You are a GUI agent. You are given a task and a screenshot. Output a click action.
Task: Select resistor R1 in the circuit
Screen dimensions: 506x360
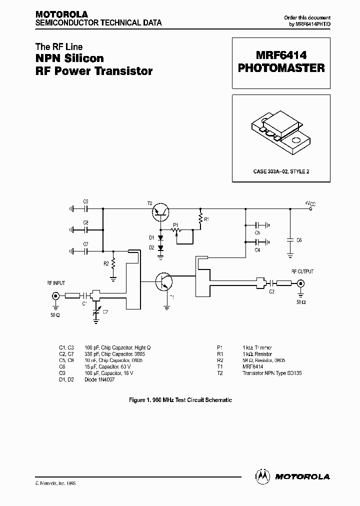pyautogui.click(x=200, y=219)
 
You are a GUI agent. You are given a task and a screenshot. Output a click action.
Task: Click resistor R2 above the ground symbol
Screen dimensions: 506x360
pyautogui.click(x=113, y=263)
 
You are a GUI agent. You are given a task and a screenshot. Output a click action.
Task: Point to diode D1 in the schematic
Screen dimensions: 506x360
pyautogui.click(x=160, y=238)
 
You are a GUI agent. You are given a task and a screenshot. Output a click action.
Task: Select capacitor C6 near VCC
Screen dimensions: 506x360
pyautogui.click(x=290, y=239)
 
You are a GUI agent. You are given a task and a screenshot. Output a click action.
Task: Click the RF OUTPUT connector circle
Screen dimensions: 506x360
pyautogui.click(x=300, y=283)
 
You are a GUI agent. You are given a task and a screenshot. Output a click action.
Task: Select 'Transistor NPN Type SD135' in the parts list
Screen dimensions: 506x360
pyautogui.click(x=272, y=373)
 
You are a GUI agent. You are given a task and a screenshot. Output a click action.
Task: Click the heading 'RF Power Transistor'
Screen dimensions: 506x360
pyautogui.click(x=93, y=70)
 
